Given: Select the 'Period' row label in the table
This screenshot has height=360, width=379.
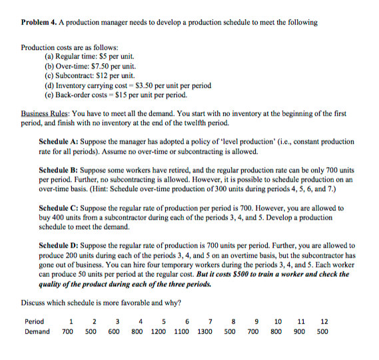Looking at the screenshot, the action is (34, 321).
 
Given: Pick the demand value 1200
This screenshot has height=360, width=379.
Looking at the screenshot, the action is (157, 331).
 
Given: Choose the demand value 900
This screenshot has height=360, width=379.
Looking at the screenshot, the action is (301, 331).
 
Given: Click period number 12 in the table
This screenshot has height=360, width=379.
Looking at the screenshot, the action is (324, 321).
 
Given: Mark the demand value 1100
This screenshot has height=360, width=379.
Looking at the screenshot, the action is (181, 331).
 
